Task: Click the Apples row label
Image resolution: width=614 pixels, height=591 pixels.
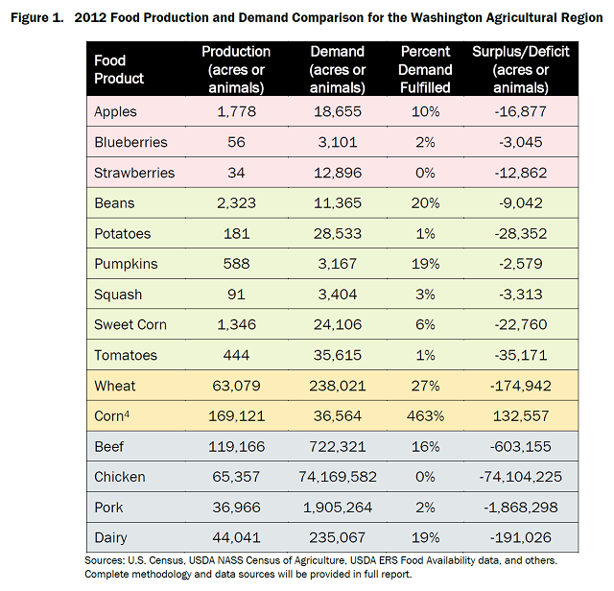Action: pyautogui.click(x=115, y=112)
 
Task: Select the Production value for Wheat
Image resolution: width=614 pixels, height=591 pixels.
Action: pyautogui.click(x=236, y=386)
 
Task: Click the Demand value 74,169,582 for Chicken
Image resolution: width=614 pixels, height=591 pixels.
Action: pyautogui.click(x=338, y=477)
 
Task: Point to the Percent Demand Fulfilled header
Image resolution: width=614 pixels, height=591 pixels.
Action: pyautogui.click(x=426, y=69)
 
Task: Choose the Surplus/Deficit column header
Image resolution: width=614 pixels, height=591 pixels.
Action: pyautogui.click(x=522, y=69)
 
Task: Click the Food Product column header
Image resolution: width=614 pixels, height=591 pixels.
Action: pyautogui.click(x=119, y=69)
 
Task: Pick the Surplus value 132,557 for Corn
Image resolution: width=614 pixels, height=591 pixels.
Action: pyautogui.click(x=523, y=416)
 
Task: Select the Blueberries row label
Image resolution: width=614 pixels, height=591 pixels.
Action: pyautogui.click(x=130, y=142)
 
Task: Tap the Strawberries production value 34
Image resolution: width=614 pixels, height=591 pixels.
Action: pyautogui.click(x=236, y=173)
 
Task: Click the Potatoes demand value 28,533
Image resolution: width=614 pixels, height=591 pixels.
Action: pyautogui.click(x=338, y=234)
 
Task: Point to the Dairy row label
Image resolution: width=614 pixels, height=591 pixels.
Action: pyautogui.click(x=112, y=538)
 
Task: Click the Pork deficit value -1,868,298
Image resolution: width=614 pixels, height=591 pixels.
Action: pyautogui.click(x=523, y=508)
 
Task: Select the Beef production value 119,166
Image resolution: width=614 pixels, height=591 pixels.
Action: pyautogui.click(x=236, y=447)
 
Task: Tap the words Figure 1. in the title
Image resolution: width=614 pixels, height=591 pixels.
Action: pyautogui.click(x=35, y=17)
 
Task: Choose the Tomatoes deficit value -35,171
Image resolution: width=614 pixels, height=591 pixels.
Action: pyautogui.click(x=523, y=356)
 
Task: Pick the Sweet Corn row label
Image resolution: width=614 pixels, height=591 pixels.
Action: pyautogui.click(x=130, y=325)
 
